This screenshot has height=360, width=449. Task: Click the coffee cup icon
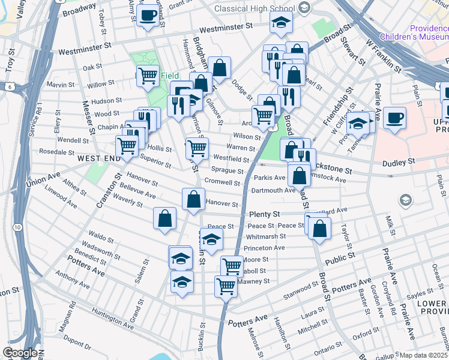tap(394, 118)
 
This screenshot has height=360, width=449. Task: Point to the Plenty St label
tap(264, 214)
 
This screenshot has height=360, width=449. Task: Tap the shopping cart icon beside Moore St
tap(232, 265)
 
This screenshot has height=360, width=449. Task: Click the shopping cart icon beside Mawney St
tap(226, 286)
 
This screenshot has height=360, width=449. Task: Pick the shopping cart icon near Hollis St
tap(127, 145)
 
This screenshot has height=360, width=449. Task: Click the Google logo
tap(19, 353)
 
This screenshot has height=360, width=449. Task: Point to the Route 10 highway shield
tap(18, 227)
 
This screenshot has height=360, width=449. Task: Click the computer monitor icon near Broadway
tap(147, 16)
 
